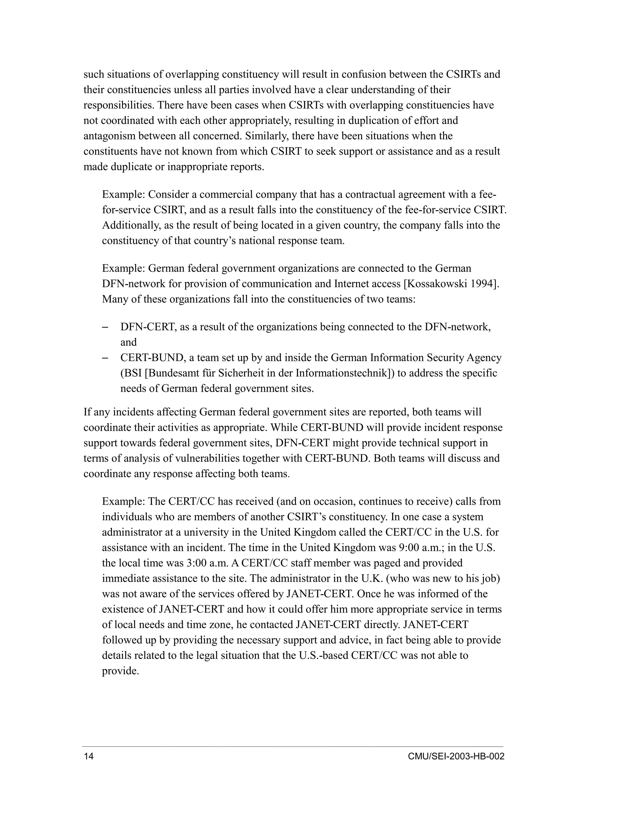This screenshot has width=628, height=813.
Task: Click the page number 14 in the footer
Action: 89,757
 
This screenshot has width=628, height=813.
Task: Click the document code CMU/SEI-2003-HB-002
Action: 456,757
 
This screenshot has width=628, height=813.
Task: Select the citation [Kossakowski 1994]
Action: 451,284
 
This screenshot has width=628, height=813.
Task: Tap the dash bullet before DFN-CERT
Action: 105,327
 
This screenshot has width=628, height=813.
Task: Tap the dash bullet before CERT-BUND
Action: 105,358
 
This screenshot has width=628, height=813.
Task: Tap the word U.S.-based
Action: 323,655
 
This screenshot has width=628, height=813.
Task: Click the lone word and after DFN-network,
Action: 128,342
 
